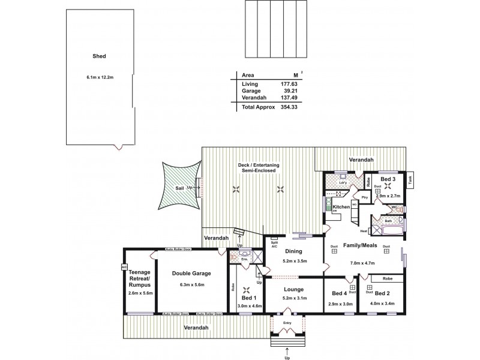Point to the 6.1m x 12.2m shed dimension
(x=100, y=77)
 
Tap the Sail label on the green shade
(x=179, y=188)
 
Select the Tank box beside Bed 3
(x=410, y=179)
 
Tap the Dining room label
(x=294, y=252)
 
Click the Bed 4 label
(x=339, y=293)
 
